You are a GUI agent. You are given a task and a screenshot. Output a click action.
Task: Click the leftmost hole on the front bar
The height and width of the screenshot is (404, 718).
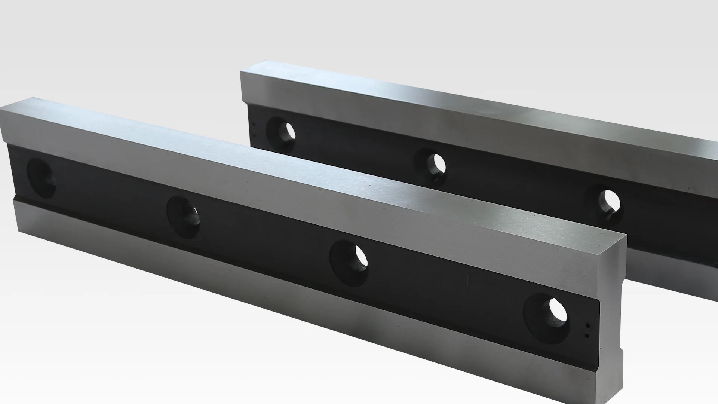(42, 178)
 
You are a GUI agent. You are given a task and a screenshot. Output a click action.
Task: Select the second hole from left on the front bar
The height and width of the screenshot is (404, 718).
(183, 216)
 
